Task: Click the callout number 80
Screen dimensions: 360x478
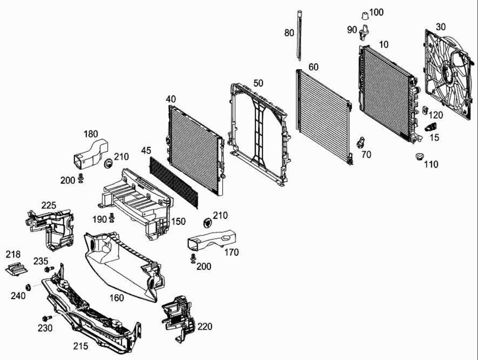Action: tap(289, 33)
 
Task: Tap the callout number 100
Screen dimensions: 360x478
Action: tap(376, 12)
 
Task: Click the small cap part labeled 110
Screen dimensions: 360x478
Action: tap(419, 158)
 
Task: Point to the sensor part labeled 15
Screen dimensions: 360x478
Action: tap(431, 127)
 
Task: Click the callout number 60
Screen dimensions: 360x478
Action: tap(313, 67)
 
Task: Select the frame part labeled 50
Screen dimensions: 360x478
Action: tap(259, 130)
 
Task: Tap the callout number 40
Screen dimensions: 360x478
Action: tap(171, 99)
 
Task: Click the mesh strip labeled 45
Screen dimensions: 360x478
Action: tap(173, 182)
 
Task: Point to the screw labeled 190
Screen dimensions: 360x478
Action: tap(112, 219)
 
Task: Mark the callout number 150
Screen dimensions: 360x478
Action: tap(178, 221)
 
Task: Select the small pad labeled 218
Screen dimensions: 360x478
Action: tap(16, 269)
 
